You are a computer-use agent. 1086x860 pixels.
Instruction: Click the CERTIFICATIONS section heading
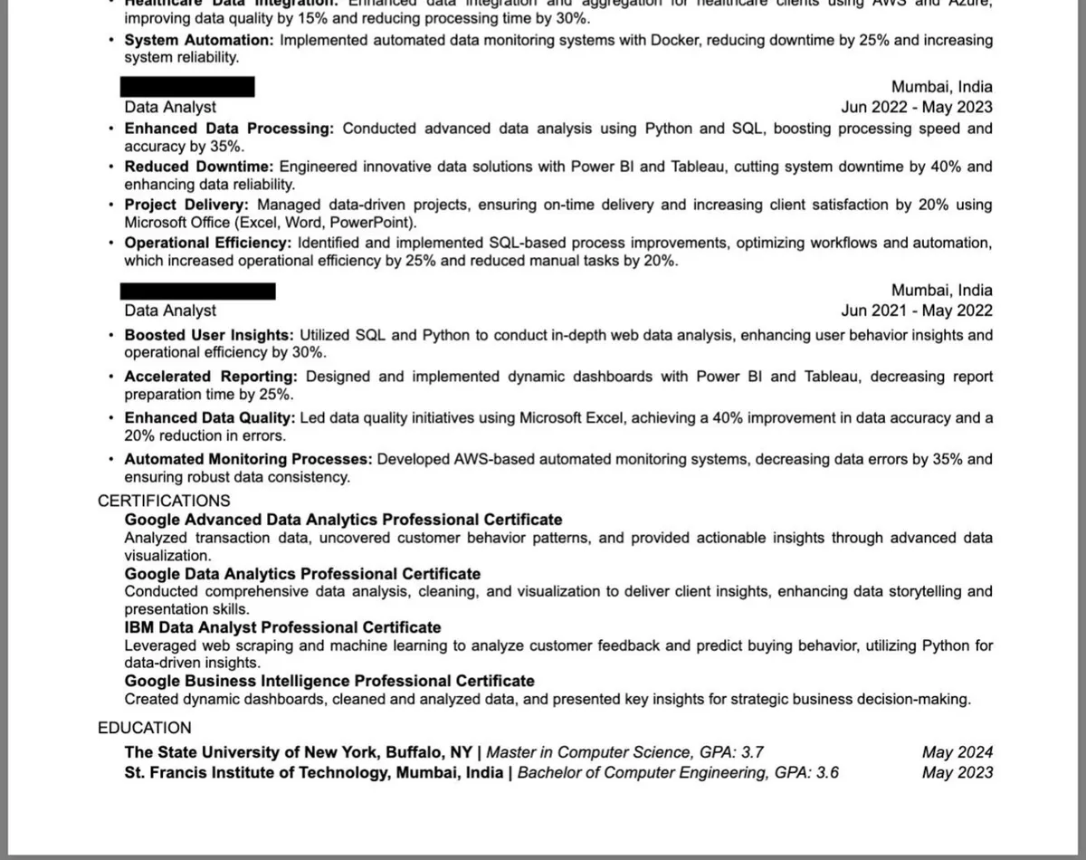tap(164, 501)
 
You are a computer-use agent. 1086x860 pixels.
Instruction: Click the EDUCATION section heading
tap(145, 728)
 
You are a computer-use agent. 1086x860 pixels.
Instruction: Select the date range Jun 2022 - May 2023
tap(916, 108)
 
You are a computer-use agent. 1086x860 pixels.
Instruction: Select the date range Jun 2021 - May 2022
tap(916, 311)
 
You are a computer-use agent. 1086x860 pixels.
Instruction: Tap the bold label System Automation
tap(198, 41)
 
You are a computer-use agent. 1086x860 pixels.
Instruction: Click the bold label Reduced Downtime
tap(198, 167)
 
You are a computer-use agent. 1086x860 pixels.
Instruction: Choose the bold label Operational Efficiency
tap(207, 243)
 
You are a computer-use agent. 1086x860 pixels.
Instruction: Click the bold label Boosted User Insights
tap(209, 335)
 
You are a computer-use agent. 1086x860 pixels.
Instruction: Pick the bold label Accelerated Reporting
tap(210, 377)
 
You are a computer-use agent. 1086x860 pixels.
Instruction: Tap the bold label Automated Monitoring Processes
tap(248, 459)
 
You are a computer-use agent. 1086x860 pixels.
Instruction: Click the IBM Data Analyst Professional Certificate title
tap(282, 627)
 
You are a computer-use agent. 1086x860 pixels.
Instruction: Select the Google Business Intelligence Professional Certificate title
tap(329, 681)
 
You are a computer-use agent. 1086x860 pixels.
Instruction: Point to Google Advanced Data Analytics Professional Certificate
tap(343, 520)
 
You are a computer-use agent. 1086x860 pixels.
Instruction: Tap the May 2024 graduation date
tap(957, 752)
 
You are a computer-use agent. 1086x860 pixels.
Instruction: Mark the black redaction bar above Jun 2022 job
tap(187, 87)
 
